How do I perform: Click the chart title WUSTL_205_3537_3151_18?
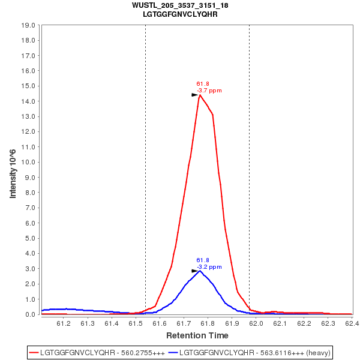coord(180,5)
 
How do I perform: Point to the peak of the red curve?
coord(200,95)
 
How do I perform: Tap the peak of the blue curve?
coord(200,271)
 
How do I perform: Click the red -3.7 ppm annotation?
coord(209,91)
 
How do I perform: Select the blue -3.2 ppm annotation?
coord(209,267)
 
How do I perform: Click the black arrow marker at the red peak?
coord(194,95)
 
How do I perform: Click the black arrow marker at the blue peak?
coord(194,271)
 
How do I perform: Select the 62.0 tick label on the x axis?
coord(256,323)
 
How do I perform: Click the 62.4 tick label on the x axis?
coord(352,323)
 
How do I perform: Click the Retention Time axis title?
coord(197,335)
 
